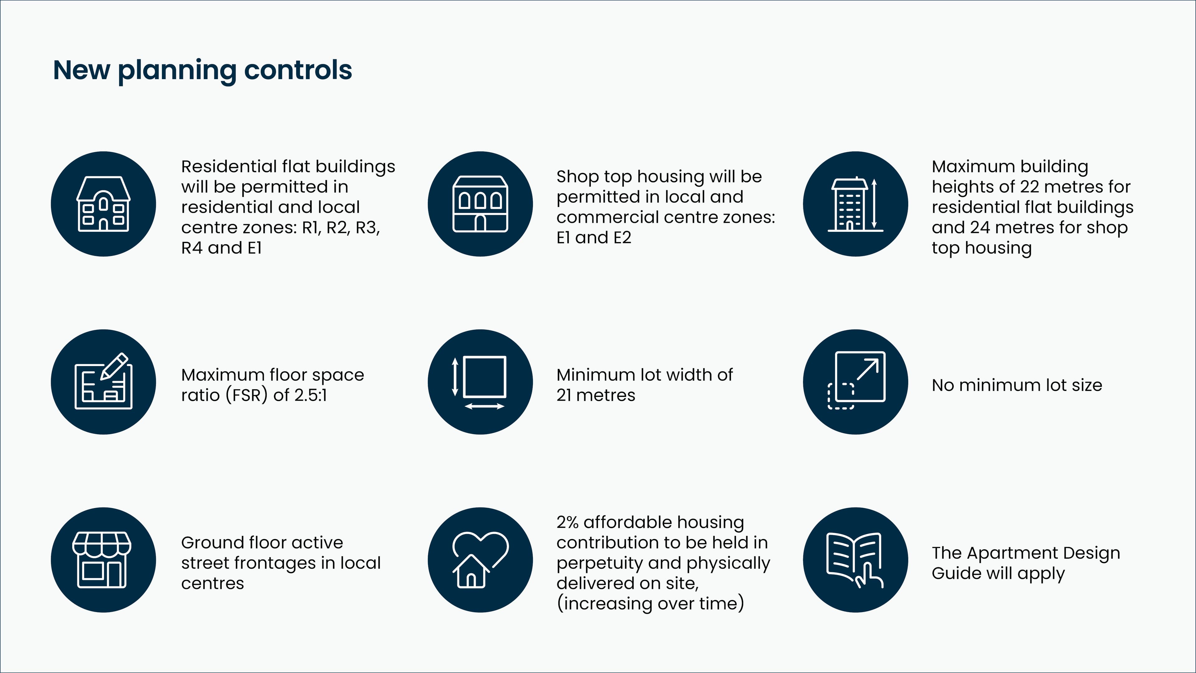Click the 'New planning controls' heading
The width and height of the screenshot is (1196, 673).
coord(202,71)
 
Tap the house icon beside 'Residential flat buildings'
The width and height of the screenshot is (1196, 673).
coord(103,204)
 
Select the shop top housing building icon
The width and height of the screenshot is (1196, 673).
coord(480,204)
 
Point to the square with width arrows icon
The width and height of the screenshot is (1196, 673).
coord(480,382)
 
